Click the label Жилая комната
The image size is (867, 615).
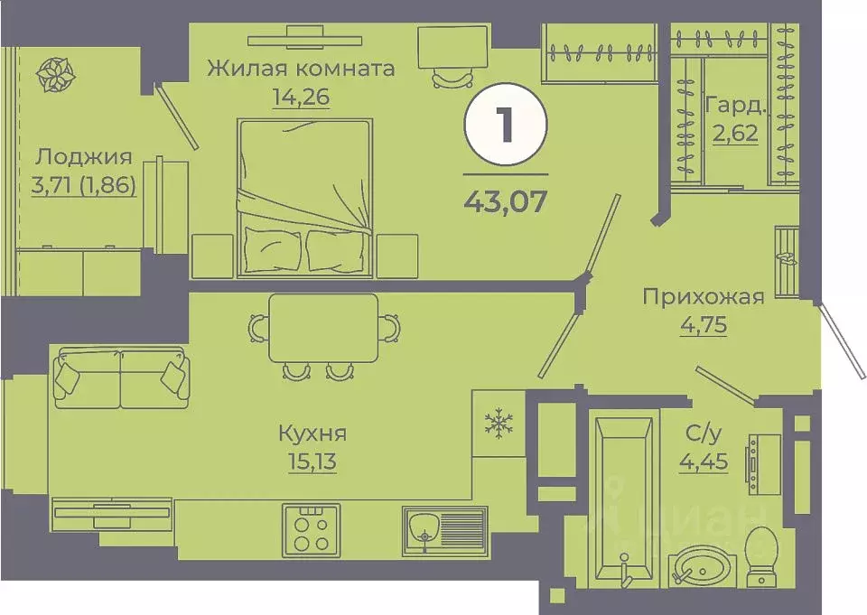[x=301, y=69]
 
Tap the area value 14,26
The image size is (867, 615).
[x=301, y=96]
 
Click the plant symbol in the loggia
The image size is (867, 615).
[x=56, y=76]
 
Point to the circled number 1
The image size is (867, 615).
[x=505, y=126]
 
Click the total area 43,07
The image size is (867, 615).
[x=505, y=200]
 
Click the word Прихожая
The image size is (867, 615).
[x=704, y=296]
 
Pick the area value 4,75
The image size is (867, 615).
[x=704, y=324]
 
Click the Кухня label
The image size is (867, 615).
[x=312, y=433]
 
